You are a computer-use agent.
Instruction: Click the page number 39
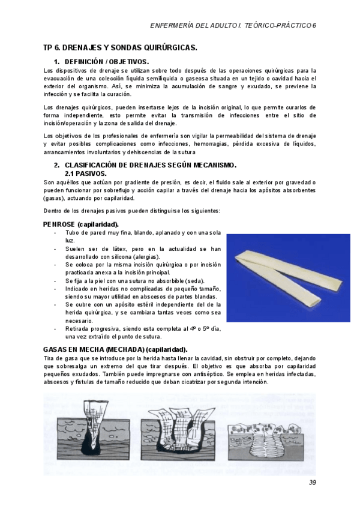tap(312, 483)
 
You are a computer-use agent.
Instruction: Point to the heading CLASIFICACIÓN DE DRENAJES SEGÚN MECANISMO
tap(150, 165)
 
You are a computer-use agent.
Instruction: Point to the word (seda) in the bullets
tap(194, 280)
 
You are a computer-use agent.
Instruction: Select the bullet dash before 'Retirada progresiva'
tap(56, 328)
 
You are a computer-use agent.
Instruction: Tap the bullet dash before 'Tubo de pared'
tap(56, 232)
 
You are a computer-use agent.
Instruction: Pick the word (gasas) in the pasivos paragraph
tap(54, 197)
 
